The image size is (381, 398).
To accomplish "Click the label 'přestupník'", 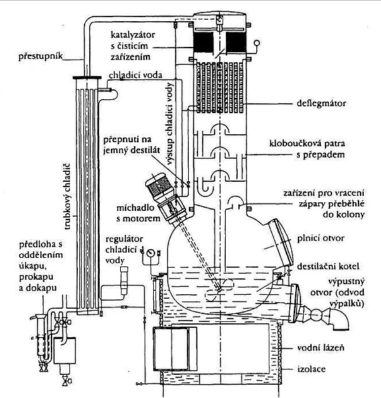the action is click(40, 56).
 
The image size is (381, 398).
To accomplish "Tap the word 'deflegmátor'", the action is click(321, 104).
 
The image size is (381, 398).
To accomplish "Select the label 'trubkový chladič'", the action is click(67, 197).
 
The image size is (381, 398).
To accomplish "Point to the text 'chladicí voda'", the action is click(135, 75).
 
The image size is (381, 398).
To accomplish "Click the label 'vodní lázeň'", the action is click(321, 348).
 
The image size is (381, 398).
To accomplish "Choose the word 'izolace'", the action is click(311, 368).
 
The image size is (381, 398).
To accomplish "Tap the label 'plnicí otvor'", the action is click(321, 239).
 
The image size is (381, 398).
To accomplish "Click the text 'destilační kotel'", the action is click(328, 266).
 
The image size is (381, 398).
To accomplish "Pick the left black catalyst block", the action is click(203, 42).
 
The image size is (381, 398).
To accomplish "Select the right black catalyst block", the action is click(236, 42).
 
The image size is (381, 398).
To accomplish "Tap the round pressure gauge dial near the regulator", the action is click(151, 252).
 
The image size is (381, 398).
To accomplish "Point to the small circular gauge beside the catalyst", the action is click(257, 42).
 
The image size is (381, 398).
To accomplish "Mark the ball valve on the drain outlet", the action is click(316, 315).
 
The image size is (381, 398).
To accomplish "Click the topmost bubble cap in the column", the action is click(220, 129).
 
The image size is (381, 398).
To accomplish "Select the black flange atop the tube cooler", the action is click(87, 77).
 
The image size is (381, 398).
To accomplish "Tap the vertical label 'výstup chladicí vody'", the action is click(171, 124).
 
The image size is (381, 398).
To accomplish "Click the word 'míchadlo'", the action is click(135, 208).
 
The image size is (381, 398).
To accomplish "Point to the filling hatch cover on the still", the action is click(281, 241).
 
